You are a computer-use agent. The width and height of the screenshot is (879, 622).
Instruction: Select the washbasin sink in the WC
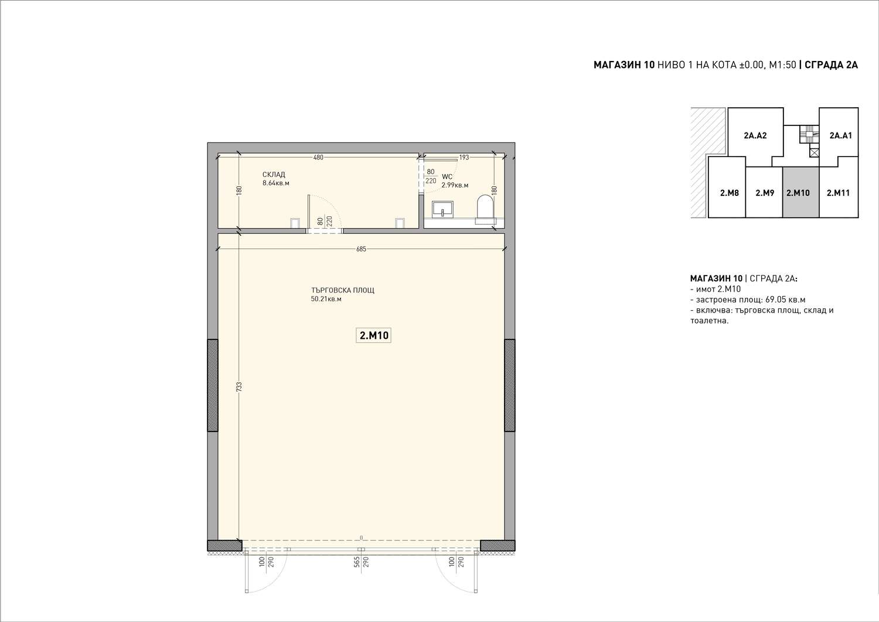(442, 210)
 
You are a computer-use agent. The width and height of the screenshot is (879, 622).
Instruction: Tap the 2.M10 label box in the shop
(374, 335)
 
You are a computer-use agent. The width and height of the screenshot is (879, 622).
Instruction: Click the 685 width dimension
(361, 249)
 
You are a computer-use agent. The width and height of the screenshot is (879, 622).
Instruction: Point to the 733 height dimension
(239, 387)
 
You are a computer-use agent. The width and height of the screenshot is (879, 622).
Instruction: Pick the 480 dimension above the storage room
(318, 158)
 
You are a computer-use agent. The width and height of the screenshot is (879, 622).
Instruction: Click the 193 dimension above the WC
(464, 158)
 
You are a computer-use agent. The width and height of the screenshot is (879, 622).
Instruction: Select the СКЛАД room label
(274, 174)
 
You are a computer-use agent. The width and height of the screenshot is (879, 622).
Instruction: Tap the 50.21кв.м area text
(326, 299)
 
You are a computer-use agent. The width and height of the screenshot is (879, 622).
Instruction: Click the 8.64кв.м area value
(276, 183)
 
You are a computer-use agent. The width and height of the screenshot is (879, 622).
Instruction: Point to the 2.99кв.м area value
(455, 185)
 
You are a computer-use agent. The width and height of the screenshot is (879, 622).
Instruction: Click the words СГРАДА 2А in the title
(832, 65)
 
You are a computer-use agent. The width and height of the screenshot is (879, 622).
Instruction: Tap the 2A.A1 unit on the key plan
(840, 135)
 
